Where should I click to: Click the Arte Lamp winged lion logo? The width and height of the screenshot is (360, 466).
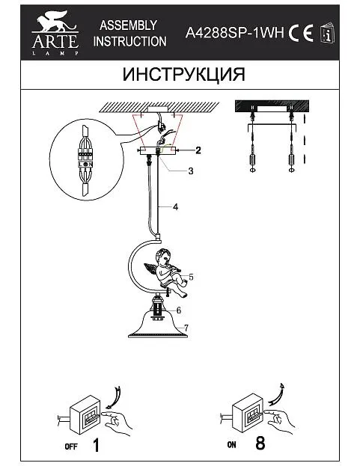click(55, 33)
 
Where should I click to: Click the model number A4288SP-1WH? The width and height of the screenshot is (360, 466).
click(234, 32)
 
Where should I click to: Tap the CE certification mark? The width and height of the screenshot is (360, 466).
click(301, 33)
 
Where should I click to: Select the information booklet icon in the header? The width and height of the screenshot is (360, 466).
click(327, 32)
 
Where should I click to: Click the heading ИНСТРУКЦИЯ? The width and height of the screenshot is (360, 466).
click(183, 74)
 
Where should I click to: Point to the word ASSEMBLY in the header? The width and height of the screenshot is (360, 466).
click(129, 25)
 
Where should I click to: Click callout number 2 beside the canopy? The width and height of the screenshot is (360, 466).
click(198, 150)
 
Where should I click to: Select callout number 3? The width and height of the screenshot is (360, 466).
click(191, 171)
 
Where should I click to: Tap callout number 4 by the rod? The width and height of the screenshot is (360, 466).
click(175, 207)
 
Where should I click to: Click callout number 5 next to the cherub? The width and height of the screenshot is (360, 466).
click(191, 277)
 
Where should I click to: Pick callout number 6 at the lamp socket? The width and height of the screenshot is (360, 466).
click(178, 310)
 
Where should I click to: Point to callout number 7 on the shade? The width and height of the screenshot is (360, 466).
click(186, 328)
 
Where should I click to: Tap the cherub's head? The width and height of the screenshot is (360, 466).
click(164, 257)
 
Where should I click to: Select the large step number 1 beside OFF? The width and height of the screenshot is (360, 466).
click(96, 446)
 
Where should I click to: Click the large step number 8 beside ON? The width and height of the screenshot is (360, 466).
click(260, 444)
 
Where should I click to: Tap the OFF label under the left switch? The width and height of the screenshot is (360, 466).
click(71, 447)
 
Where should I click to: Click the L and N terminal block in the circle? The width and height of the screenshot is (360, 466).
click(85, 164)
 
